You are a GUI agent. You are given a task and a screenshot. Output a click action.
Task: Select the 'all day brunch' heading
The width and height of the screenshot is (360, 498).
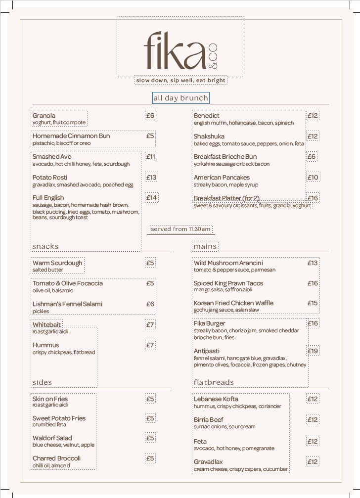pos(180,98)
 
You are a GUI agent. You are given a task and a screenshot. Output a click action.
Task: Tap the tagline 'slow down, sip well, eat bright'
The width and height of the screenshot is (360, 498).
pos(180,80)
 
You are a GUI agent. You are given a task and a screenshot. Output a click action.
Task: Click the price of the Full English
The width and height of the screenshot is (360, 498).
pos(151,198)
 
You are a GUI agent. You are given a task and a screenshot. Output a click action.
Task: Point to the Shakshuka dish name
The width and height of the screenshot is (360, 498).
pos(209,136)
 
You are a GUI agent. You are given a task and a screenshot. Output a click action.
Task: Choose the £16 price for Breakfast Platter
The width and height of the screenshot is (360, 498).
pos(313,198)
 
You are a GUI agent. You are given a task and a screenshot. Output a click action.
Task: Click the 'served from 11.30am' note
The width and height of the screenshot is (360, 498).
pos(181,229)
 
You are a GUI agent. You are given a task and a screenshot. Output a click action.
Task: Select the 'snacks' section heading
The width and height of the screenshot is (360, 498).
pos(45,246)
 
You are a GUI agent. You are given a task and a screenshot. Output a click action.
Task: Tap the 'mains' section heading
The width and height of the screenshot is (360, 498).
pos(205,246)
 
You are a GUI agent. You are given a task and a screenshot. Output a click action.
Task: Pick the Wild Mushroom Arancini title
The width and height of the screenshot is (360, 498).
pos(228,263)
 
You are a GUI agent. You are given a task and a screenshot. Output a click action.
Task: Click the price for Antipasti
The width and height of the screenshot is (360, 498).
pos(313,351)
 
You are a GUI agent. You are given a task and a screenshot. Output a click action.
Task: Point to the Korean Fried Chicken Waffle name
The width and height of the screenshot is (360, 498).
pos(233,303)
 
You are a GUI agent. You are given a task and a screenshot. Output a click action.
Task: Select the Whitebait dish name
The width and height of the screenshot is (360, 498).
pos(47,325)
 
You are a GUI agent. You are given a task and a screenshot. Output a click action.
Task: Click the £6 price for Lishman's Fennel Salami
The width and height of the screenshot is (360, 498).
pos(150,304)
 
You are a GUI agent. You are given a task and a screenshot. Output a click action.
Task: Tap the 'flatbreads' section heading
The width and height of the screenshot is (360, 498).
pos(214,382)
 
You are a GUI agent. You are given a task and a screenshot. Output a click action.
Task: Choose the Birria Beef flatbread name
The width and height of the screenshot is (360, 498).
pos(208,420)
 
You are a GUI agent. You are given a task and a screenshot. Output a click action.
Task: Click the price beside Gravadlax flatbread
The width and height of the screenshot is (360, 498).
pos(313,462)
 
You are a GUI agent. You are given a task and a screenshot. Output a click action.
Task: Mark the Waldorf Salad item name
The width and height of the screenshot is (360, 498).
pos(52,438)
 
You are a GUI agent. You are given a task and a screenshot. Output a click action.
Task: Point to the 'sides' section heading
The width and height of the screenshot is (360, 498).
pos(42,382)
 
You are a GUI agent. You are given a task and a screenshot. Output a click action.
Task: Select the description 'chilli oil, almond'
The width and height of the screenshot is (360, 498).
pos(51,465)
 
